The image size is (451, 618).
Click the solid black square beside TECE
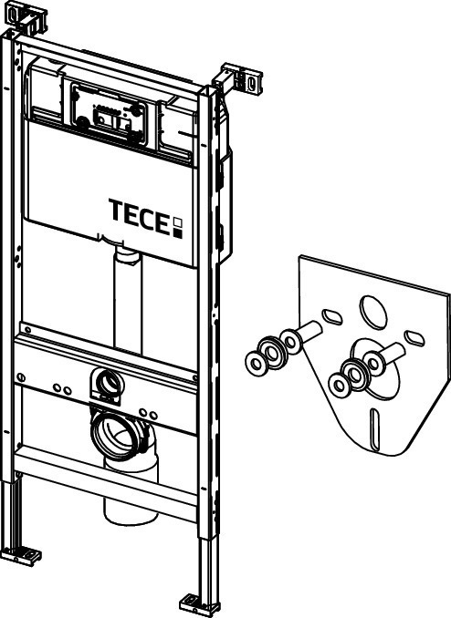click(178, 233)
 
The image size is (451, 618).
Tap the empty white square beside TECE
click(178, 222)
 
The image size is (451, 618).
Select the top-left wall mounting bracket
click(26, 17)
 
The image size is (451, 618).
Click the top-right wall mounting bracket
click(239, 79)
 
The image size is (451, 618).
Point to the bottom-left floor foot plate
click(20, 555)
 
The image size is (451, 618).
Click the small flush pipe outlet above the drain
click(107, 384)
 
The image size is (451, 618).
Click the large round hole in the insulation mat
click(373, 312)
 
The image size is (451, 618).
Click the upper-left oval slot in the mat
click(332, 317)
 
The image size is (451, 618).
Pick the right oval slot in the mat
click(414, 338)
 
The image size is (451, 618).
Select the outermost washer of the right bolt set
click(339, 384)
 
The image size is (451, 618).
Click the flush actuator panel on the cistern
click(109, 114)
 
